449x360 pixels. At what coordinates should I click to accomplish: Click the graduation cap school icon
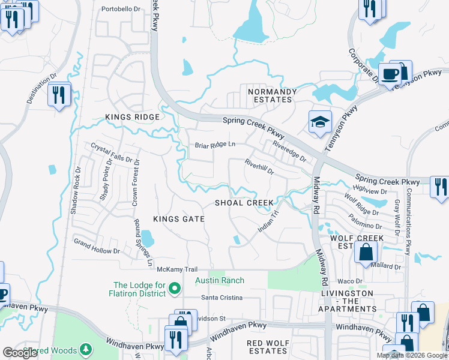tap(321, 122)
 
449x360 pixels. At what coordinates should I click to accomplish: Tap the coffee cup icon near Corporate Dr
tap(391, 74)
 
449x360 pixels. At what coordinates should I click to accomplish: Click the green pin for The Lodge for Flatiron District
tap(175, 289)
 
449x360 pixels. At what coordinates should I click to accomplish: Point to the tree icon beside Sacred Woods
tap(86, 349)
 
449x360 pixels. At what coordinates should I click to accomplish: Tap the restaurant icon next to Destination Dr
tap(59, 95)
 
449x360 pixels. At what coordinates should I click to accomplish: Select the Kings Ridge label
tap(132, 117)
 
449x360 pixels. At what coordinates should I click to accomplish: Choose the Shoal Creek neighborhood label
tap(244, 203)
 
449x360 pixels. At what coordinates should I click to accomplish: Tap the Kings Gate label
tap(178, 220)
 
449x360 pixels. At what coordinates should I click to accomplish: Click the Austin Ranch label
tap(219, 281)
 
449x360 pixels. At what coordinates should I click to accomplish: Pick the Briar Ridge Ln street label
tap(215, 145)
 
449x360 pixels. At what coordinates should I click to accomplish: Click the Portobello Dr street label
tap(121, 9)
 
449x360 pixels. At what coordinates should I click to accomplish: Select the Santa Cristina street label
tap(221, 298)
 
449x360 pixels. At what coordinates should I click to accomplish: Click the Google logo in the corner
tap(20, 353)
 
